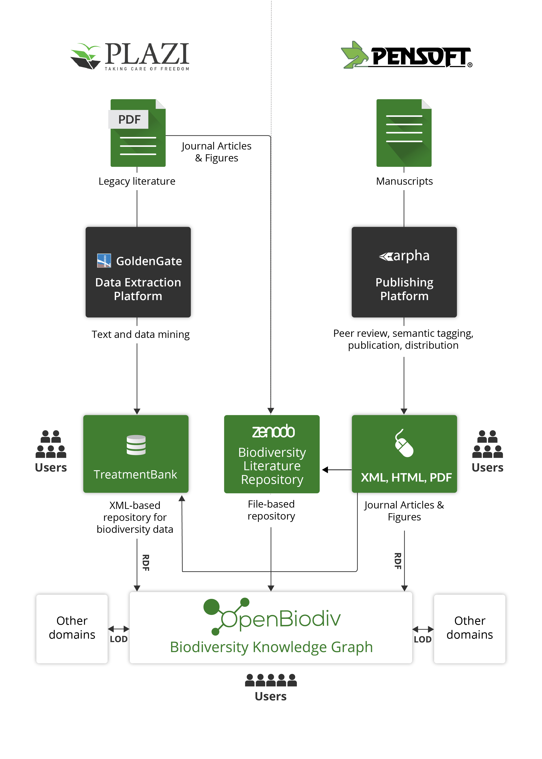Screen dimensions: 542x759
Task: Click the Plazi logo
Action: point(130,56)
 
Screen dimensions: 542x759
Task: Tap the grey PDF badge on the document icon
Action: point(128,119)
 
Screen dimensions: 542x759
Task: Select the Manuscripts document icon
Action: point(404,133)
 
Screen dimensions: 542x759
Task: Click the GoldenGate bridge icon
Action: point(104,261)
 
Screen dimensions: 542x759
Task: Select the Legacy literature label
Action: point(137,181)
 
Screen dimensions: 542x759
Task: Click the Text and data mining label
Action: point(141,334)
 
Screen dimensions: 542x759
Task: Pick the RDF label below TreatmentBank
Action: point(146,563)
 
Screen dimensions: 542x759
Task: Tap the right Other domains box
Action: point(470,629)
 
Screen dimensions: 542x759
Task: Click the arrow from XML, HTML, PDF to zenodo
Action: point(337,470)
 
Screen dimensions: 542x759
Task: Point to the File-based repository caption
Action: point(271,510)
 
